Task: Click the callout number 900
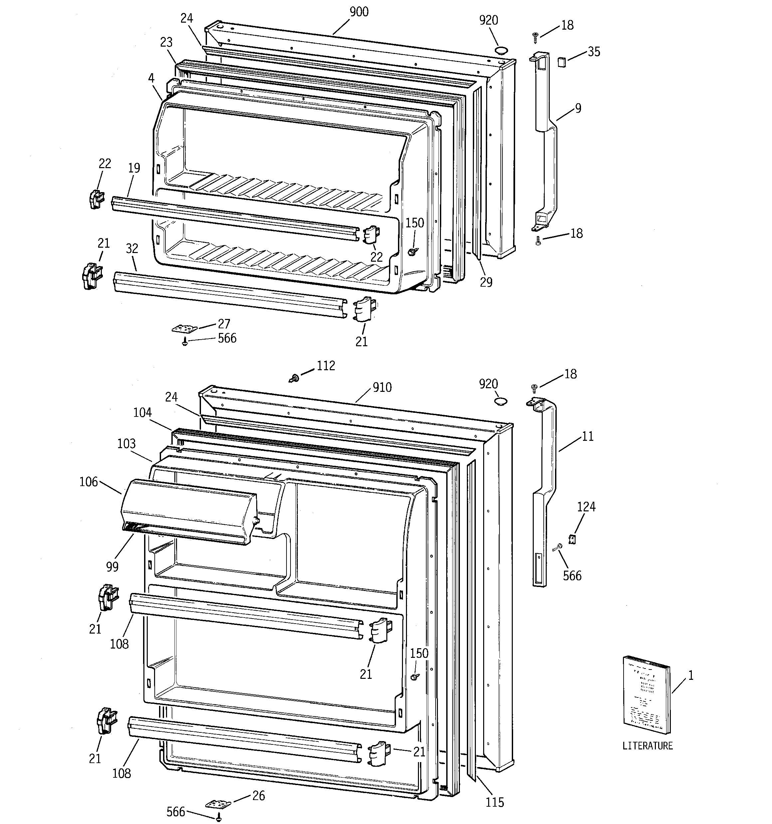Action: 359,12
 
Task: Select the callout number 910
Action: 382,388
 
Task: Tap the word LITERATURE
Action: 648,746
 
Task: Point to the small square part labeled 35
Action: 562,62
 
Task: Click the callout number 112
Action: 326,366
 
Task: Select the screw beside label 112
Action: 294,378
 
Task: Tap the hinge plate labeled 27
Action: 182,329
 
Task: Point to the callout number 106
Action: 89,482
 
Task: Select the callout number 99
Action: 112,567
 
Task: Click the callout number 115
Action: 495,802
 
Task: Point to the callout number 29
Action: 486,282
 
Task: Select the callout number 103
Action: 126,444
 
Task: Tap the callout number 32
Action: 132,249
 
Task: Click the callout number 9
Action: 578,109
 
